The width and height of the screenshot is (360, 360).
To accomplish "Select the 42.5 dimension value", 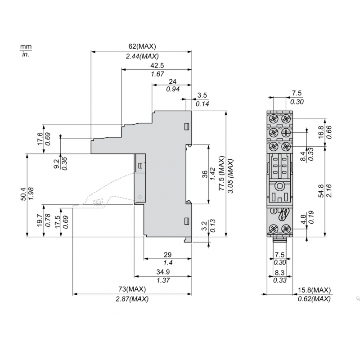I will pyautogui.click(x=157, y=65).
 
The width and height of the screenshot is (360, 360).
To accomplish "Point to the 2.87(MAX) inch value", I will pyautogui.click(x=132, y=299).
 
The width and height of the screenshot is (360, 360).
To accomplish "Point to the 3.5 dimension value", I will pyautogui.click(x=202, y=95).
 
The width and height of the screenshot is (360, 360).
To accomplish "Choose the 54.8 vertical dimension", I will pyautogui.click(x=320, y=190).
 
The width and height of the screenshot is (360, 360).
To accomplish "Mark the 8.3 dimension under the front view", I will pyautogui.click(x=279, y=273).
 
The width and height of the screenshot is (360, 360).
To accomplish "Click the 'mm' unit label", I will pyautogui.click(x=25, y=46).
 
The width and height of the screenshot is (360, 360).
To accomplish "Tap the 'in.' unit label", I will pyautogui.click(x=25, y=54).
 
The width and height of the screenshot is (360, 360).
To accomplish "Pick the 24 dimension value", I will pyautogui.click(x=171, y=81).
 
